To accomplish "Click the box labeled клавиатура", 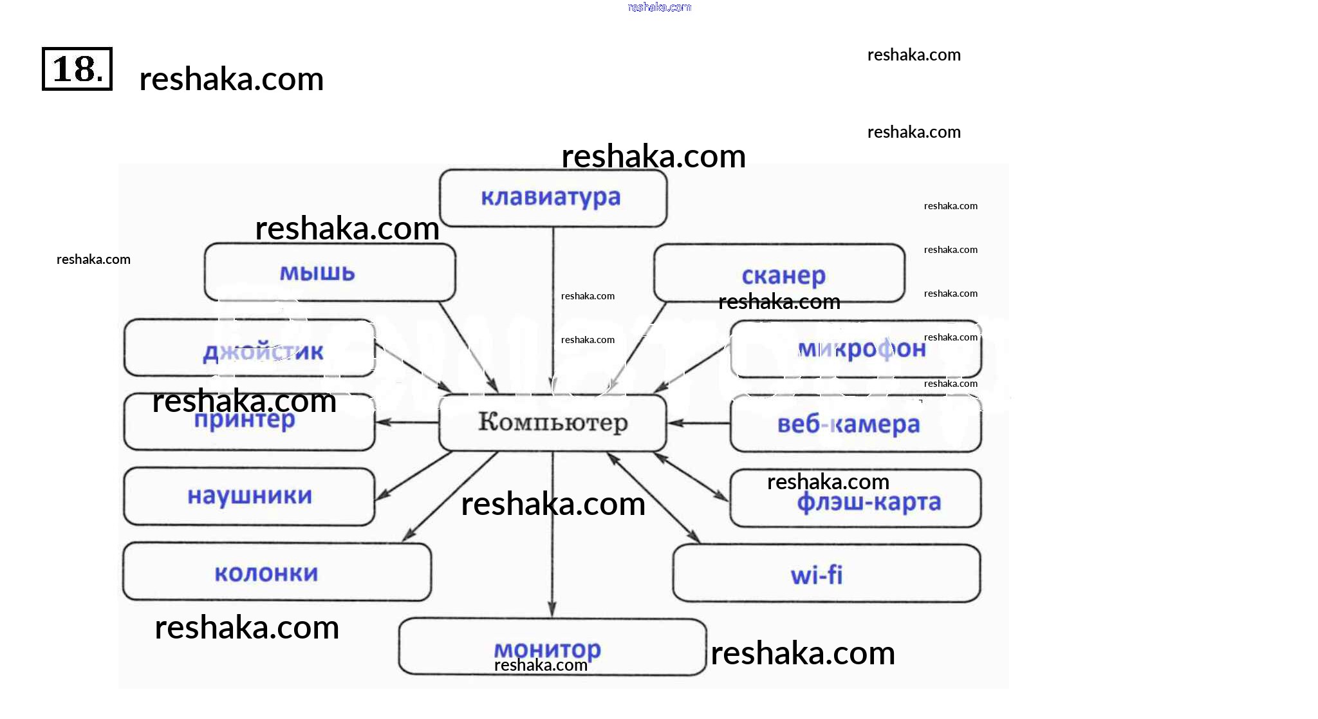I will [x=553, y=198].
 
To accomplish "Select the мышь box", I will [x=329, y=272].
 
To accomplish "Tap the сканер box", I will [x=779, y=274].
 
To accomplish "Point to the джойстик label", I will [x=263, y=352].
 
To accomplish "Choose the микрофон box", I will [x=855, y=349].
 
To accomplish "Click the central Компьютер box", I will [x=553, y=423].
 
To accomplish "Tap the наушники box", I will [x=249, y=496].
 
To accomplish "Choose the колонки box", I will [x=277, y=572].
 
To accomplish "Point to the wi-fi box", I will [x=826, y=574].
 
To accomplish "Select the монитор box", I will [x=552, y=647].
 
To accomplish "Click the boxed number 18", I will [x=77, y=69].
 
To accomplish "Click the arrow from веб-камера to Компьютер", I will [x=699, y=424].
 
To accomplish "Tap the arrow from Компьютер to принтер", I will [x=407, y=423].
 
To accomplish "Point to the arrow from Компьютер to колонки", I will [x=450, y=496].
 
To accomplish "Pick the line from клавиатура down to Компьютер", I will [x=553, y=309].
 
